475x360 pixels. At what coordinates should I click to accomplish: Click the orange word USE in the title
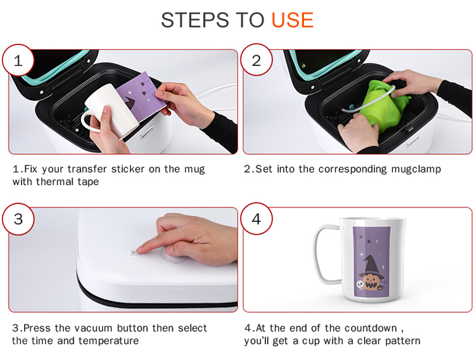click(293, 20)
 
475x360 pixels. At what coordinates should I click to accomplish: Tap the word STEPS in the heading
click(194, 20)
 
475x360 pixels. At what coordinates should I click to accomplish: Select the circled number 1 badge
click(18, 60)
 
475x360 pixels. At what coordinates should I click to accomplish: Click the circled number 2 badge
click(256, 60)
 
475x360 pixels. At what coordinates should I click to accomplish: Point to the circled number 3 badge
click(18, 219)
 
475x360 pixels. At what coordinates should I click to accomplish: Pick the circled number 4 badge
click(256, 219)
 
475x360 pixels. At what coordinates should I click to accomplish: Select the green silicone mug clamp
click(383, 105)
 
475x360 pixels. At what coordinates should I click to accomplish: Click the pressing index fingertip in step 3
click(140, 250)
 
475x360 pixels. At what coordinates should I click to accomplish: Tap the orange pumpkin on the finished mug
click(371, 282)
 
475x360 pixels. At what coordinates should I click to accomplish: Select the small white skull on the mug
click(360, 285)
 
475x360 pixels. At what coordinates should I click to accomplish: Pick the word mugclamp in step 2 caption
click(416, 169)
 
